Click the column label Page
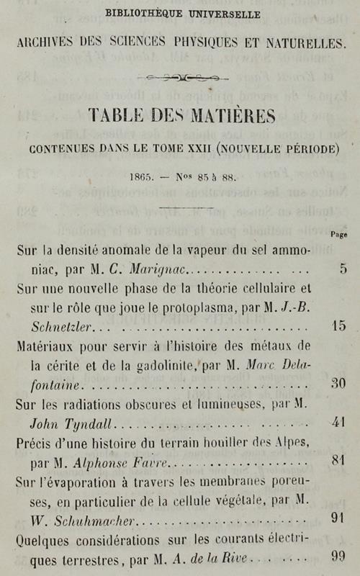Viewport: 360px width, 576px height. tap(338, 234)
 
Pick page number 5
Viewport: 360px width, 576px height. tap(343, 270)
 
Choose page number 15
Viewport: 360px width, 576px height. tap(338, 325)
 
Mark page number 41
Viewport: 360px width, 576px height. tap(338, 422)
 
